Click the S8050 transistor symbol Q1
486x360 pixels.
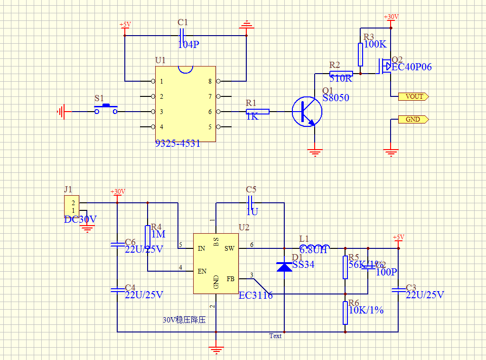(307, 112)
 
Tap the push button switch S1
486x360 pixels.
(106, 110)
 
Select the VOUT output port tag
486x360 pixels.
(414, 96)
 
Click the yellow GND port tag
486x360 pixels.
(413, 119)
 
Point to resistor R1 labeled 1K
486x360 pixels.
(258, 112)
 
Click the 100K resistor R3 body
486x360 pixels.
(360, 54)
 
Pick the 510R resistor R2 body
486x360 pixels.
(341, 74)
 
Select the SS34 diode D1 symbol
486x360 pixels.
(284, 267)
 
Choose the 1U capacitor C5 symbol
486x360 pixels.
(251, 203)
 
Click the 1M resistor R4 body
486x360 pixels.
(148, 237)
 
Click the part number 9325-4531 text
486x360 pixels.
(178, 143)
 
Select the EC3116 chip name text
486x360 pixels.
(255, 295)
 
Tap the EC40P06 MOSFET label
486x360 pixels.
(411, 67)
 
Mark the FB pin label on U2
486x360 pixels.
(231, 279)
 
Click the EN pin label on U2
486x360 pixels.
(202, 271)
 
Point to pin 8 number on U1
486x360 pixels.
(210, 81)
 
